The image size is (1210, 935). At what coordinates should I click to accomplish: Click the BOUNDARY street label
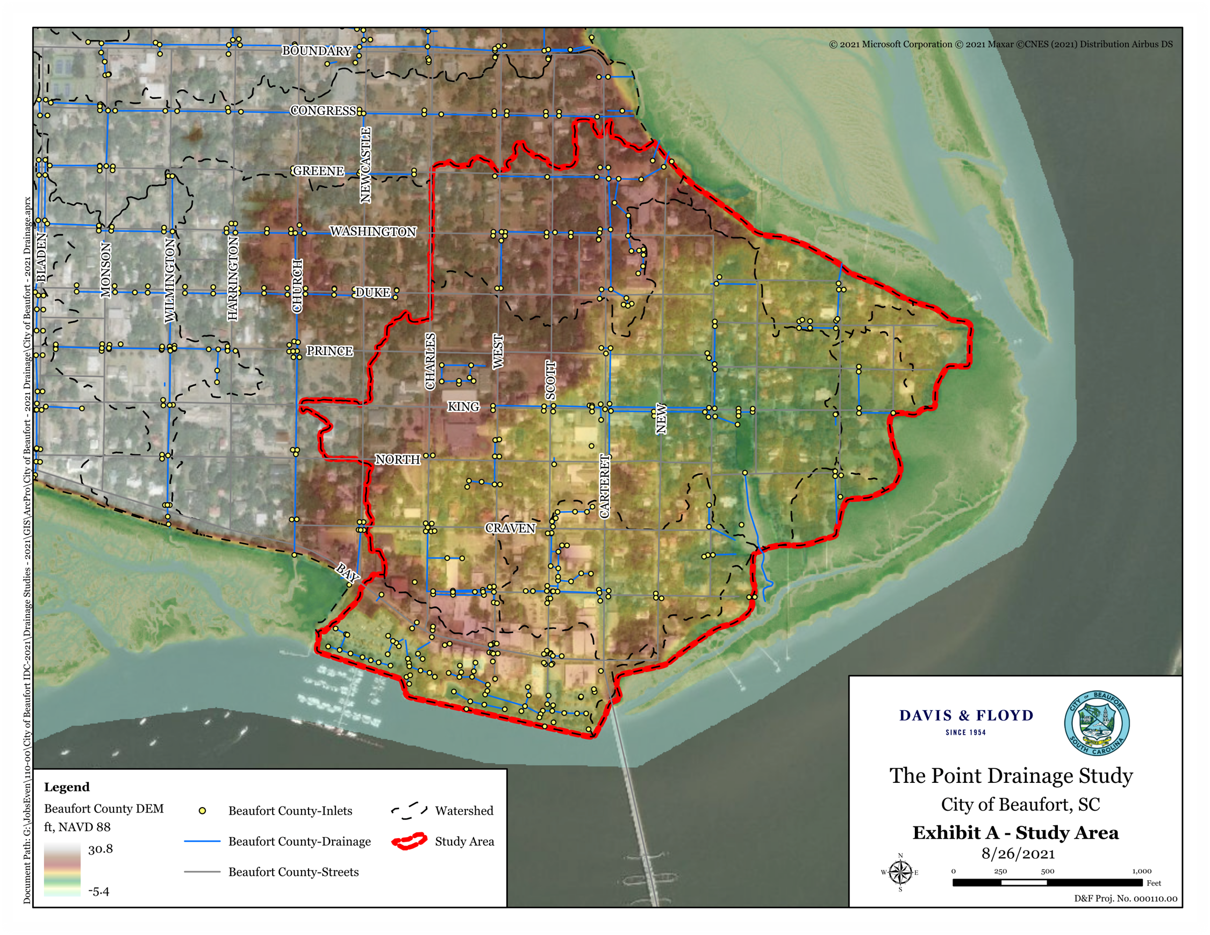317,51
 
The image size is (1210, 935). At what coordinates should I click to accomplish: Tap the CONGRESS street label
323,111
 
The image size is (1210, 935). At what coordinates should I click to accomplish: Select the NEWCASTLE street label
365,165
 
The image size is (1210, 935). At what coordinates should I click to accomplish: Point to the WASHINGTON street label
373,231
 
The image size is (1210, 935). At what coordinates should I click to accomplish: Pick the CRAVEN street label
510,528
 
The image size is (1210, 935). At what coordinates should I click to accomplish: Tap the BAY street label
348,572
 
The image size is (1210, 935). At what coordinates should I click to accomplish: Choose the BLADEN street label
41,258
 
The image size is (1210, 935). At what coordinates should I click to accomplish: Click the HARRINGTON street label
233,278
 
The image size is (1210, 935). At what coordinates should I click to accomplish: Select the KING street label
463,407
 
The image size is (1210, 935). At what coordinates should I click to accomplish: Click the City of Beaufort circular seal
1097,723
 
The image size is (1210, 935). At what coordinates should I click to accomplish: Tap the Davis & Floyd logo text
966,716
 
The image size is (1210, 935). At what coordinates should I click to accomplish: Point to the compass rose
900,873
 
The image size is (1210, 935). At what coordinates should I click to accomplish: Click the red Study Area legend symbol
409,841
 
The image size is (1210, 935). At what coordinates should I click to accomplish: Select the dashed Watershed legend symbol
409,811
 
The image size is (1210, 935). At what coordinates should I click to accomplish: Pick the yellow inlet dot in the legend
202,811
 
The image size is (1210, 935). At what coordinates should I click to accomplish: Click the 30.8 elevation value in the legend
101,849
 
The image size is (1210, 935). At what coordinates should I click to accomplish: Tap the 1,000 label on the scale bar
1142,870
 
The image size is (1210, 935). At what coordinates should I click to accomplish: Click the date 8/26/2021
1018,853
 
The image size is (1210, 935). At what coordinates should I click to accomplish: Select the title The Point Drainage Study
1011,775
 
